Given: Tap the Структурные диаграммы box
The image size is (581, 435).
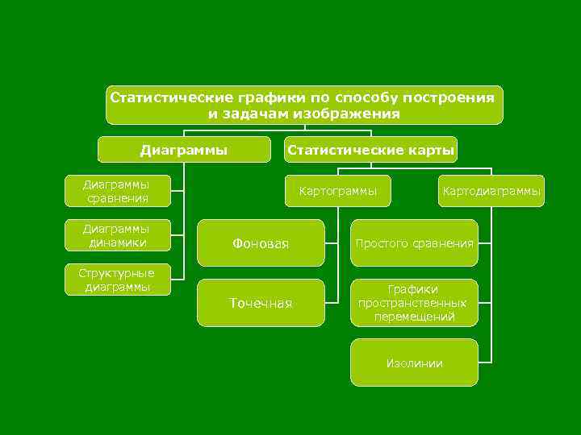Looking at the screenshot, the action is click(x=116, y=279).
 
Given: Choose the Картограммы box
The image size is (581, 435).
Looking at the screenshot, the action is click(x=338, y=191).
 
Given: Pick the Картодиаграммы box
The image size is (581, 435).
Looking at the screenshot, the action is click(x=491, y=191).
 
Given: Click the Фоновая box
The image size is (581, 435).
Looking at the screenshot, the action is click(x=261, y=242).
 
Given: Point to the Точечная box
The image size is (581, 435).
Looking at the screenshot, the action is click(x=261, y=303).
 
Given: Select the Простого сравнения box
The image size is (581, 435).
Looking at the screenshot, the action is click(x=414, y=242).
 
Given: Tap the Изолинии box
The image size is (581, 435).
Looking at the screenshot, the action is click(x=414, y=363).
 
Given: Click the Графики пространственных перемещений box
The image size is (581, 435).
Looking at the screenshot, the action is click(x=414, y=303).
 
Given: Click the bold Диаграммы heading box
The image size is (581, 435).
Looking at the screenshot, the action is click(x=184, y=149).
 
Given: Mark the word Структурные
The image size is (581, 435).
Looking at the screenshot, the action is click(x=116, y=272).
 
